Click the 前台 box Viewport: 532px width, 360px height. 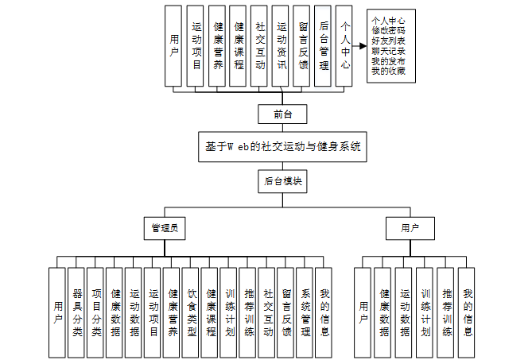(282, 114)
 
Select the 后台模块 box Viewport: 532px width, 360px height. (282, 182)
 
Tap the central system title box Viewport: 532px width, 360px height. (282, 147)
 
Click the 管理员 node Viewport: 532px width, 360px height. (165, 228)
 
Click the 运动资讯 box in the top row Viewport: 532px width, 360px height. (280, 46)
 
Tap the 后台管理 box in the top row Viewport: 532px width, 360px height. (322, 46)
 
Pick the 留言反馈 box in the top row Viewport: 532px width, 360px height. (301, 46)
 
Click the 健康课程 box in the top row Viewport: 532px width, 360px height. (238, 46)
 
